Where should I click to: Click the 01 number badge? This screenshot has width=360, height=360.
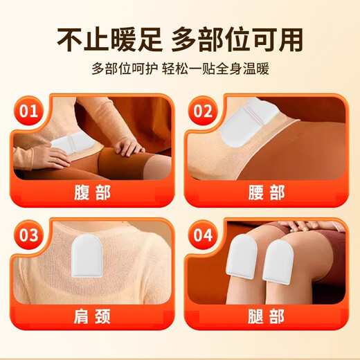(28, 111)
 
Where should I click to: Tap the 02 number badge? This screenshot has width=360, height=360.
(203, 111)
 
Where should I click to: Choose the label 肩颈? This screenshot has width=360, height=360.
(91, 319)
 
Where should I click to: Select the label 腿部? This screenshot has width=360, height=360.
(267, 319)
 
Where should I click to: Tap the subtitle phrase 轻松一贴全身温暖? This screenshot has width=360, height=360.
(222, 71)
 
